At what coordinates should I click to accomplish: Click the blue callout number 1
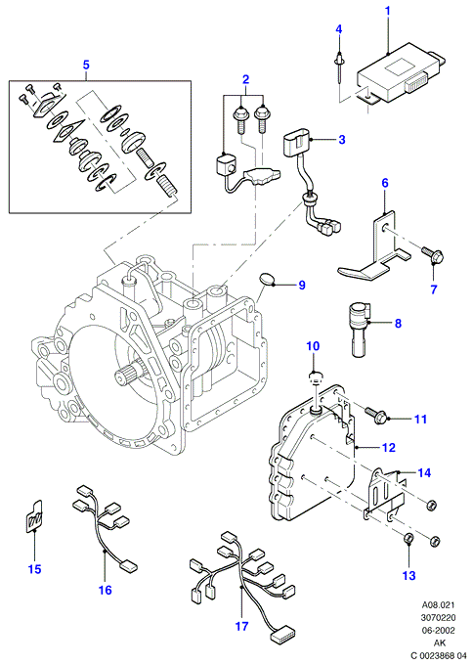click(387, 12)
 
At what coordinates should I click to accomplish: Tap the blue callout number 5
click(86, 65)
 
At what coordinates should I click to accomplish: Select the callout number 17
click(241, 626)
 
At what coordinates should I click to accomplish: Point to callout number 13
click(409, 575)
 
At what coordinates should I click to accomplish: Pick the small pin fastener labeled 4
click(339, 66)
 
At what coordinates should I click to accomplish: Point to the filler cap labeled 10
click(315, 377)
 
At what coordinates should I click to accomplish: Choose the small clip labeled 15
click(32, 515)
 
